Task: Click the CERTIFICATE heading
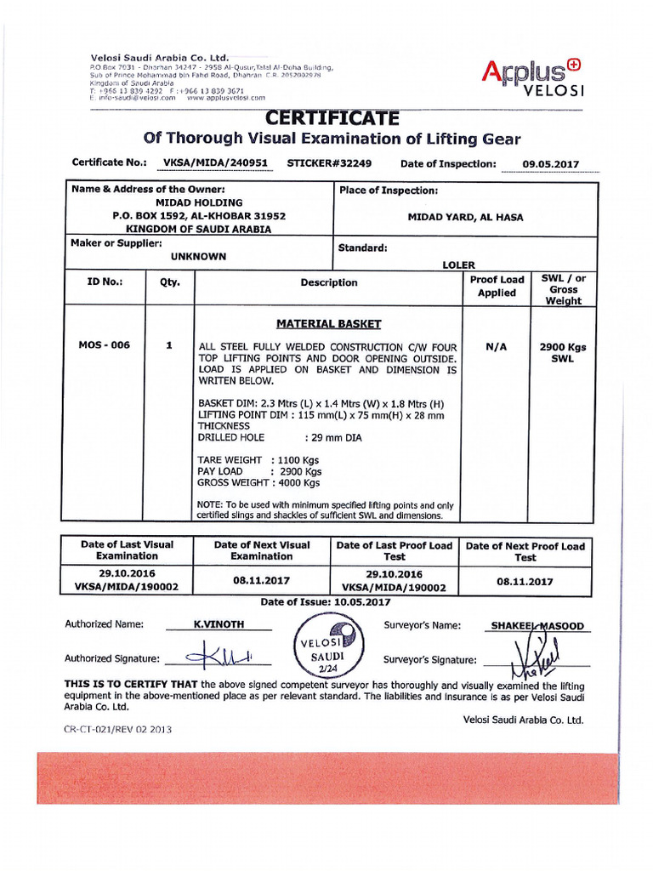click(x=330, y=117)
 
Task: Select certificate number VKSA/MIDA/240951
click(x=216, y=162)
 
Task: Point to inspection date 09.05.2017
click(x=551, y=164)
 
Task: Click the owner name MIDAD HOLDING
click(x=199, y=203)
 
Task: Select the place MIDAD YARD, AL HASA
click(x=465, y=218)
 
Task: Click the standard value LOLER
click(x=458, y=265)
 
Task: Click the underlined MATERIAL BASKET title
click(x=328, y=324)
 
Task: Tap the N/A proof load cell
click(x=496, y=347)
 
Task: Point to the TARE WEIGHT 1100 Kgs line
click(x=258, y=459)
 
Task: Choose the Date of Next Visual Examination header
click(x=261, y=550)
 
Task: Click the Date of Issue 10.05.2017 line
click(x=326, y=601)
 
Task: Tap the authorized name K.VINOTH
click(x=219, y=624)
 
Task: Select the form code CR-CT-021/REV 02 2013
click(x=117, y=729)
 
